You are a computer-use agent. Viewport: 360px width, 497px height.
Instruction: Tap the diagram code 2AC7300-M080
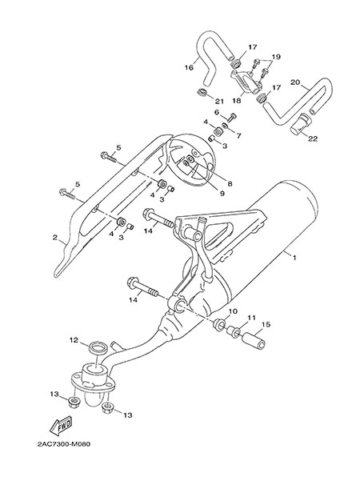(x=64, y=444)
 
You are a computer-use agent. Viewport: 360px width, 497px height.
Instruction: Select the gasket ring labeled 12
(x=98, y=348)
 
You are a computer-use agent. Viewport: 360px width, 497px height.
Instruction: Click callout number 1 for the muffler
(x=294, y=258)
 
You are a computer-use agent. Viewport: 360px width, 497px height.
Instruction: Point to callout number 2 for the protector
(x=55, y=237)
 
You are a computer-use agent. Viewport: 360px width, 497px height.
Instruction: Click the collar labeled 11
(x=234, y=332)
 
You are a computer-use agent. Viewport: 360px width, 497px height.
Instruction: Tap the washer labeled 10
(x=219, y=324)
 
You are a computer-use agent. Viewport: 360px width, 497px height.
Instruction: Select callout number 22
(x=313, y=138)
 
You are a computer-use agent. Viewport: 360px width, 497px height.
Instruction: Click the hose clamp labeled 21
(x=201, y=93)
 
